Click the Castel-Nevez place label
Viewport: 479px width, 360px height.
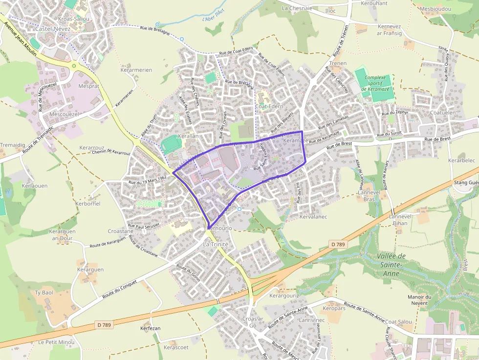point(53,29)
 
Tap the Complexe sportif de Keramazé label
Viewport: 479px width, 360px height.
point(375,83)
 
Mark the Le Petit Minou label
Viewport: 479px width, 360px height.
point(56,342)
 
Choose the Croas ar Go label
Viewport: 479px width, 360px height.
point(253,322)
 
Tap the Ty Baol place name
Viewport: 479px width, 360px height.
point(44,293)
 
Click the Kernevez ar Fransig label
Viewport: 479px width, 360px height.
point(389,29)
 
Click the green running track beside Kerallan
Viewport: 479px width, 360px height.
point(171,144)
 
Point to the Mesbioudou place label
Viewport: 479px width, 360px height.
point(435,8)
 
